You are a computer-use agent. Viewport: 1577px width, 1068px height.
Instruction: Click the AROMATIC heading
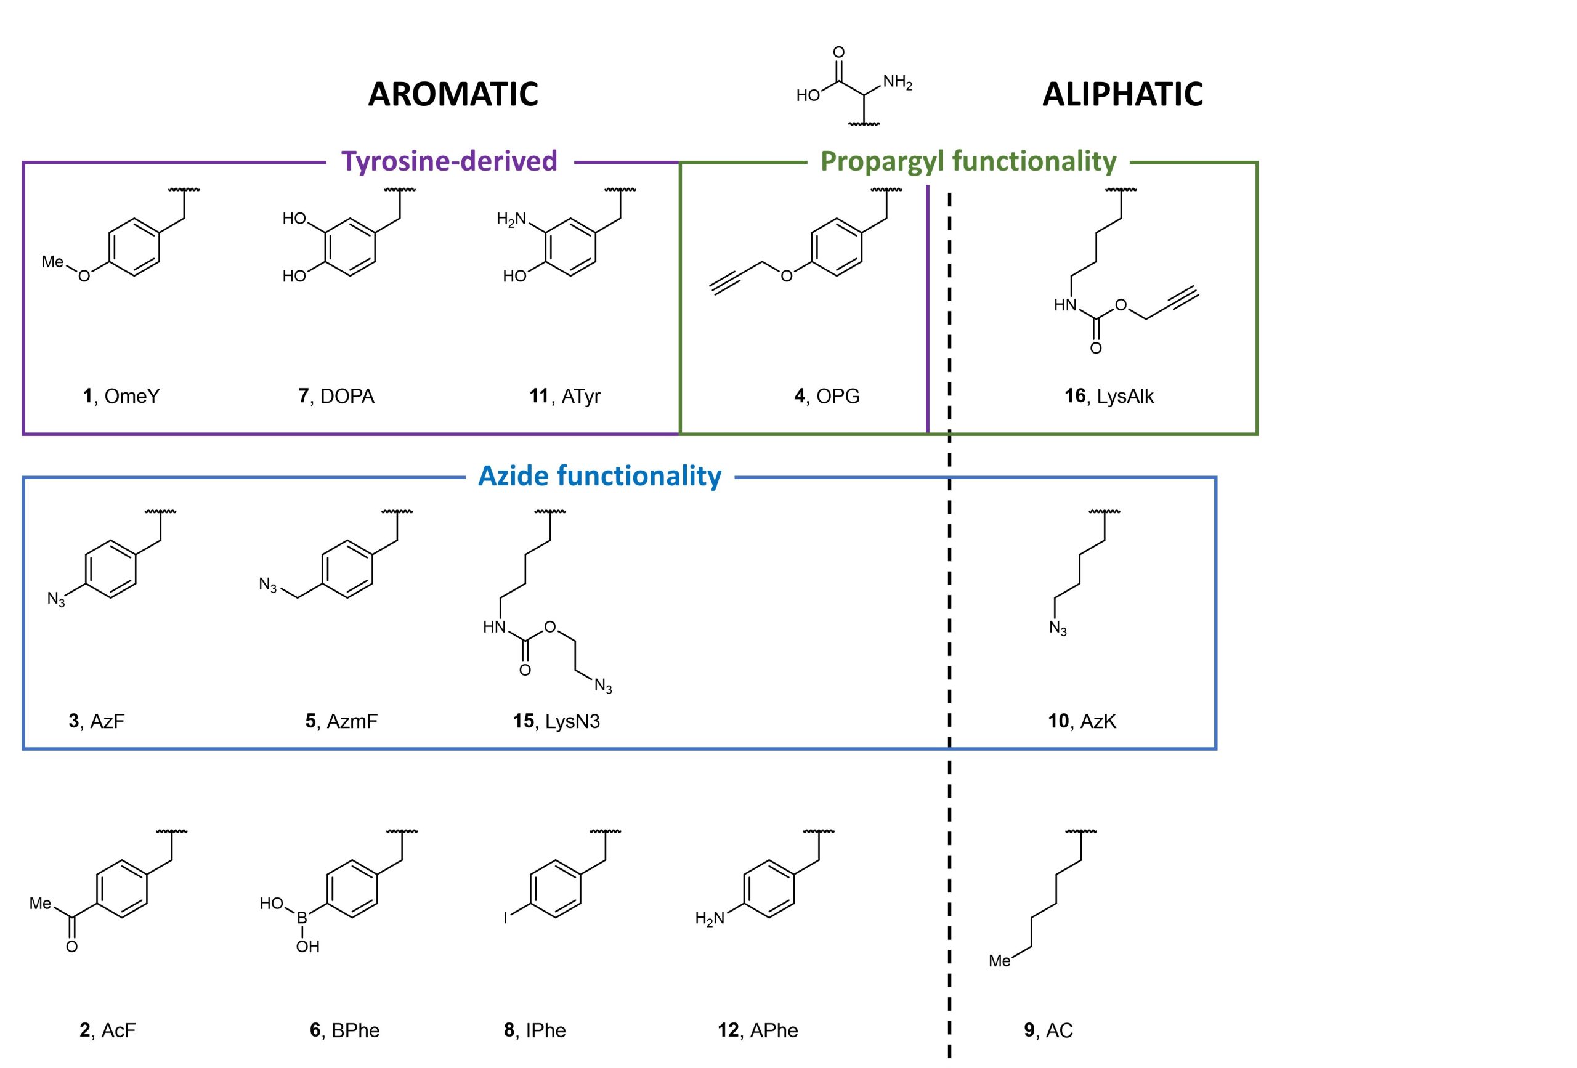[453, 94]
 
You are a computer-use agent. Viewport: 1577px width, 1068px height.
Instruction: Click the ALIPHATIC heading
[1122, 94]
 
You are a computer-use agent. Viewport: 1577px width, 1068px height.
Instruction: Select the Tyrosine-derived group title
[449, 161]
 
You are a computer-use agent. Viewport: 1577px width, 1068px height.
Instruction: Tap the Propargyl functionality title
[968, 161]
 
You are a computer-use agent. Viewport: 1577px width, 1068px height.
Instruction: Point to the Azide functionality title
[600, 476]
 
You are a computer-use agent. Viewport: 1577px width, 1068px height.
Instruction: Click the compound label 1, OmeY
[121, 396]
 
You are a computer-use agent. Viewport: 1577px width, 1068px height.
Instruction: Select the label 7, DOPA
[336, 396]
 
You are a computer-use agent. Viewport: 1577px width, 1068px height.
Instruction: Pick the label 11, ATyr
[564, 396]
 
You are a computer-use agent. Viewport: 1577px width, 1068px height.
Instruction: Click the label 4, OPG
[827, 396]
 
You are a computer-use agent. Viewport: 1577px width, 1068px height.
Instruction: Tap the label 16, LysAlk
[1109, 396]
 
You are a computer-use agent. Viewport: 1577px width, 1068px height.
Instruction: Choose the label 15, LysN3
[556, 721]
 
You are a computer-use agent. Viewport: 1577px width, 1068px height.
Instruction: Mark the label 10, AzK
[1082, 721]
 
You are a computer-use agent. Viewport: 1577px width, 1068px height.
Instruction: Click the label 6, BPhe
[345, 1030]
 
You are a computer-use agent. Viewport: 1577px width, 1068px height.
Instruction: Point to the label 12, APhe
[758, 1030]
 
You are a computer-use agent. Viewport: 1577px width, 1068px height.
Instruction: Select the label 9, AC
[1048, 1030]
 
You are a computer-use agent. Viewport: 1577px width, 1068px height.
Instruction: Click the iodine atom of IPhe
[505, 919]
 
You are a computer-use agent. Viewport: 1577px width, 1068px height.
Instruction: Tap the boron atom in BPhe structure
[302, 918]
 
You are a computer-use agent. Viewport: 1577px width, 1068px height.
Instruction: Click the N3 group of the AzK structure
[1057, 628]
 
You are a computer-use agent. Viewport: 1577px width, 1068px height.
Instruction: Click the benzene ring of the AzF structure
[110, 568]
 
